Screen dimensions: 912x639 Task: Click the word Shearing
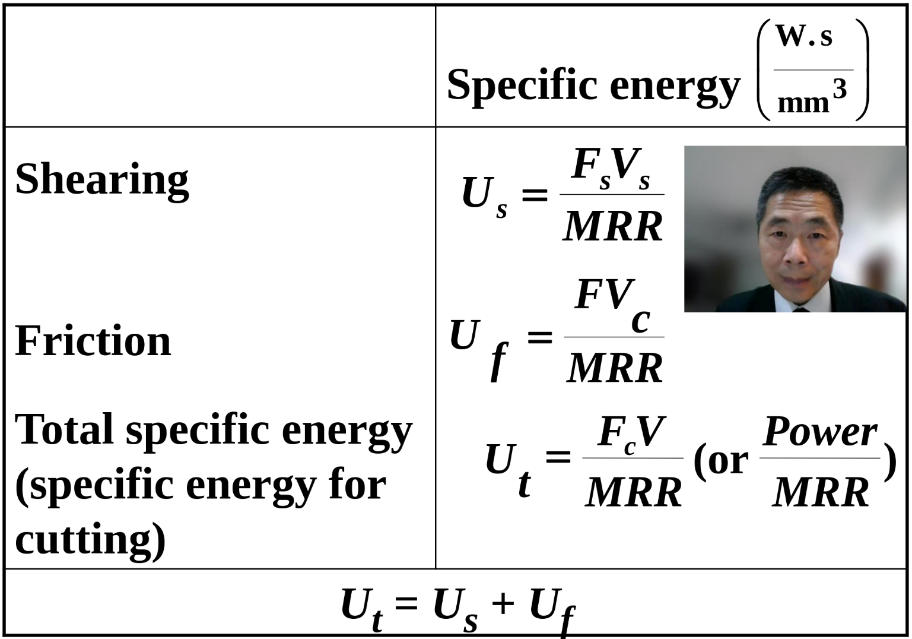[x=102, y=181]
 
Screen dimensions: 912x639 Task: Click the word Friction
[x=93, y=341]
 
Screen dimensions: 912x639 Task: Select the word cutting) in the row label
[x=90, y=540]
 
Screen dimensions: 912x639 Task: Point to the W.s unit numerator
[x=803, y=36]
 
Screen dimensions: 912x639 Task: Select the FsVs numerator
[x=611, y=169]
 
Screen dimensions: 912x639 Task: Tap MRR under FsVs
[x=612, y=227]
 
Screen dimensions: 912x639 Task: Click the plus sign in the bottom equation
[x=503, y=603]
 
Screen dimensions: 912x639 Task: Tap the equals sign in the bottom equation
[x=406, y=603]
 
